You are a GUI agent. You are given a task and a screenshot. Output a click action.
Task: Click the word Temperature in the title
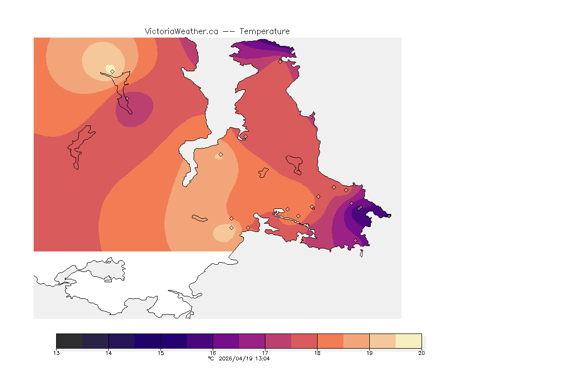pos(264,31)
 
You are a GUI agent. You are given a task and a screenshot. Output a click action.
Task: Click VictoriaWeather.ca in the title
pos(181,31)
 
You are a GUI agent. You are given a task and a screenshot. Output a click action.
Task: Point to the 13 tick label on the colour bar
pos(57,353)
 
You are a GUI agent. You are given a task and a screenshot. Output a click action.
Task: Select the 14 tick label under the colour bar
pos(108,353)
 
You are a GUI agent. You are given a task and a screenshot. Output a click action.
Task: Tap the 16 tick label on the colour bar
pos(213,353)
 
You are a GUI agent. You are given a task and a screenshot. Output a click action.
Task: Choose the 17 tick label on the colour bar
pos(265,353)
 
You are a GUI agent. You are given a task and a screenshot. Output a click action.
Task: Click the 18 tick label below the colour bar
pos(317,353)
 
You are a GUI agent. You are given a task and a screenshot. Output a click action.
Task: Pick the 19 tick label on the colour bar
pos(369,353)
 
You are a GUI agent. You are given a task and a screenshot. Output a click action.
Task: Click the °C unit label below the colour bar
pos(211,358)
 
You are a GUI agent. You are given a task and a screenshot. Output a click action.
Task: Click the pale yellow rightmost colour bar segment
pos(408,340)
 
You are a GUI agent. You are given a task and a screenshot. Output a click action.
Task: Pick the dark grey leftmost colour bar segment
pos(69,340)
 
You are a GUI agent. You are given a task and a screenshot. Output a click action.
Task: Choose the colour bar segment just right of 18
pos(330,340)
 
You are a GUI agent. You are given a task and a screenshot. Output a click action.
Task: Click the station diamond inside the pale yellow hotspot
pos(113,71)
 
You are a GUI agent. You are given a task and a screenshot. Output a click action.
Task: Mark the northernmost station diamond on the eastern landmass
pos(280,62)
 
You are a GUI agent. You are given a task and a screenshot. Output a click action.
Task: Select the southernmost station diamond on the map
pos(355,240)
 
